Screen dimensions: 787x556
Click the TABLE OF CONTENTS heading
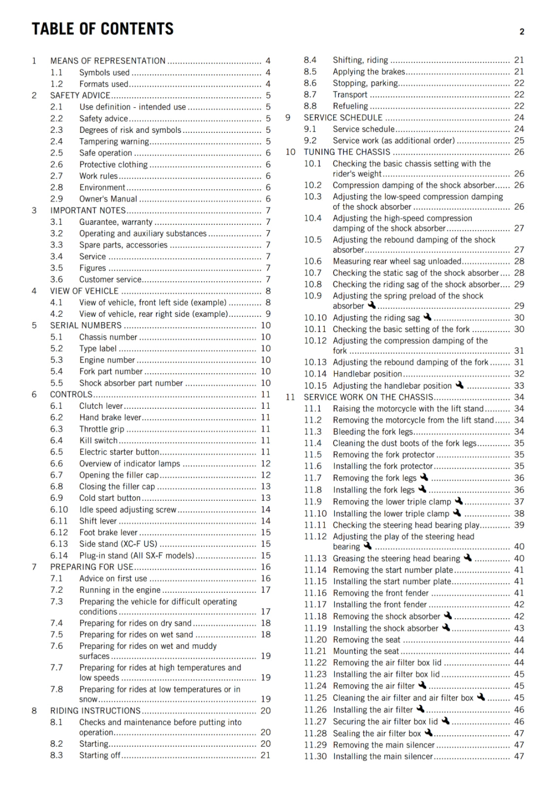[102, 29]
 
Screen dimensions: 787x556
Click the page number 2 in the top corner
[522, 32]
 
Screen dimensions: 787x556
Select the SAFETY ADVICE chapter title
[80, 95]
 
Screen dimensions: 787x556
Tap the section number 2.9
[57, 199]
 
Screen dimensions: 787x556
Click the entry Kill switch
[98, 440]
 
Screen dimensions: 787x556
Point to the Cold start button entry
[110, 498]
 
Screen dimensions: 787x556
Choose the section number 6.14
[59, 555]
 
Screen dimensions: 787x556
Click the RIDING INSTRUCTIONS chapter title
[95, 711]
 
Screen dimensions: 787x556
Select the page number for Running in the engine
[266, 590]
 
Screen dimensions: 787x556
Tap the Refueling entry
[350, 106]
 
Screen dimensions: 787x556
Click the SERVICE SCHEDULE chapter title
[343, 118]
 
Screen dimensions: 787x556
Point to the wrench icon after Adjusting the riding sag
[427, 317]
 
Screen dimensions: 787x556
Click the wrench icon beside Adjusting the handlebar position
[460, 385]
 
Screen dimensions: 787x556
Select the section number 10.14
[315, 374]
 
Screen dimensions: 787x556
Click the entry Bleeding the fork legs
[373, 431]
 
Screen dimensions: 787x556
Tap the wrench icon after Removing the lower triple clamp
[459, 501]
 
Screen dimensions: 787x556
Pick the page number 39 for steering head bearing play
[519, 525]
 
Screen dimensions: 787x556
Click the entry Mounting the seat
[366, 651]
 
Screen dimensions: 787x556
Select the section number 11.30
[315, 757]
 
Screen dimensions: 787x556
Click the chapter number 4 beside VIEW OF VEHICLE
[34, 291]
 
